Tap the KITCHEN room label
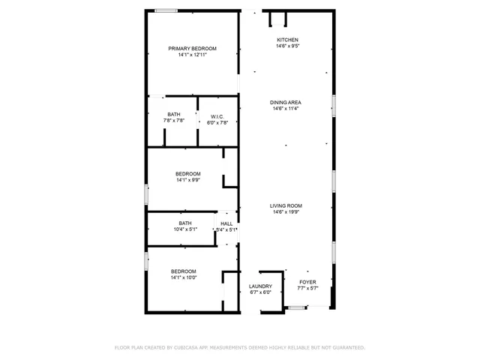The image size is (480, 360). pos(287,40)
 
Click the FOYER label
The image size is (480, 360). pos(308,282)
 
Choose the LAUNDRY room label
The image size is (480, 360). pos(260,286)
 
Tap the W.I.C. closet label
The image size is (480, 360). pos(217,116)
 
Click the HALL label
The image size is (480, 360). pos(226,223)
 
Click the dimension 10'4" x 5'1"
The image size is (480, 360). pos(185,229)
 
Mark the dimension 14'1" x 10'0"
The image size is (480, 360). pos(183,277)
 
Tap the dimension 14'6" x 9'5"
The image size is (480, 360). pos(287,46)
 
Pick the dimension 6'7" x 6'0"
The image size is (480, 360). pos(260,292)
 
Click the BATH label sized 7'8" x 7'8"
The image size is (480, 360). pos(174,115)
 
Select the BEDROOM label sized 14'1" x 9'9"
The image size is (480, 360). pos(188,174)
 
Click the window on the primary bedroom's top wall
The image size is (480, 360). pos(166,10)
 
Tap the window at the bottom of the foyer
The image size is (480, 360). pos(297,307)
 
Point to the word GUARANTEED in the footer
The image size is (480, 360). pos(346,347)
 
